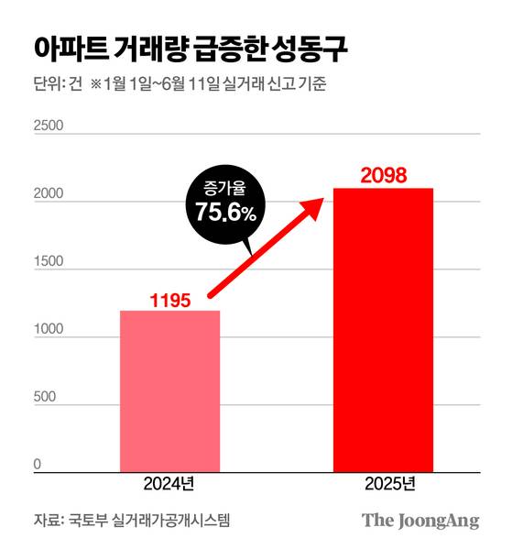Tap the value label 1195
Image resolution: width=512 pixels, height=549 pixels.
coord(170,299)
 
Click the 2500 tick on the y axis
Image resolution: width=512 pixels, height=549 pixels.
coord(49,126)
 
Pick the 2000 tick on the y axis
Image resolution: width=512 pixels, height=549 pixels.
coord(49,194)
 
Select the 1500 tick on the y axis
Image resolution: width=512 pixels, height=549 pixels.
coord(49,262)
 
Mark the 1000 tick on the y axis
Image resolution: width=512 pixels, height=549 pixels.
coord(49,330)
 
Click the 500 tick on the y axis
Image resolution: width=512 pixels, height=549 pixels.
coord(45,398)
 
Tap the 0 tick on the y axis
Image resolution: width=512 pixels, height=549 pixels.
coord(38,465)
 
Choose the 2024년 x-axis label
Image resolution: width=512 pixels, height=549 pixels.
coord(169,484)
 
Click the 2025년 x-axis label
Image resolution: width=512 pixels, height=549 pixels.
coord(382,484)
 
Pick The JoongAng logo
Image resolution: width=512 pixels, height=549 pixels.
coord(420,521)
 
